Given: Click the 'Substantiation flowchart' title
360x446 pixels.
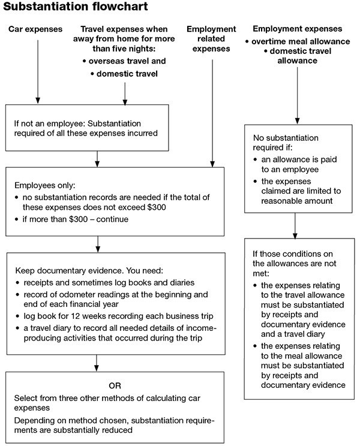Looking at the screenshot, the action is coord(76,7).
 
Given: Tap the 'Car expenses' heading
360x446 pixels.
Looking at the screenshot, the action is coord(35,29).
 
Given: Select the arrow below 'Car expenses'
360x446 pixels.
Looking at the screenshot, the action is coord(38,72).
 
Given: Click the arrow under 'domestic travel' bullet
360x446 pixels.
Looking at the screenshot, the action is coord(125,94).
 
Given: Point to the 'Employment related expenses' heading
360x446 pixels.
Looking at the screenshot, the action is coord(211,39).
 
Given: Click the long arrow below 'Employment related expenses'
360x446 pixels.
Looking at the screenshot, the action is coord(212,113).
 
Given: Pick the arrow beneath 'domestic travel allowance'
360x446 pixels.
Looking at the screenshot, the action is coord(297,95).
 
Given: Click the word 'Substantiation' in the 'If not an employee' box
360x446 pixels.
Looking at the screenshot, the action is coord(114,123).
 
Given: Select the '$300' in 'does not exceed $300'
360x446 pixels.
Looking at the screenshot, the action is coord(157,207).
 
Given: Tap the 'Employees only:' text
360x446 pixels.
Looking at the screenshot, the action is coord(45,185).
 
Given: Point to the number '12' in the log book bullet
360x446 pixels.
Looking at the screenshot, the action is coord(76,316).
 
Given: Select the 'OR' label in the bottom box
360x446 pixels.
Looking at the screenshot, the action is coord(115,385).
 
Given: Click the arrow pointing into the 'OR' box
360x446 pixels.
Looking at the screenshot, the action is coord(97,363).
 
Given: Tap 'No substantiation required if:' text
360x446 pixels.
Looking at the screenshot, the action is coord(286,143).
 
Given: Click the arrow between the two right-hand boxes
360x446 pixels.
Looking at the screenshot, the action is coord(295,225).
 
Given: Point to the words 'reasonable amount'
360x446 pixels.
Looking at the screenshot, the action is coord(297,201).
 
